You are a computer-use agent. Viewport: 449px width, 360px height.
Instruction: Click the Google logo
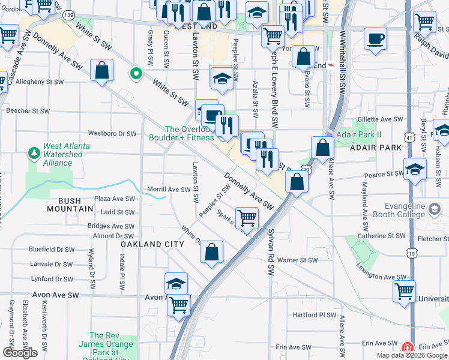[x=20, y=353]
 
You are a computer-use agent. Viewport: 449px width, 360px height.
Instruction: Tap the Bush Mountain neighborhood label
[x=71, y=209]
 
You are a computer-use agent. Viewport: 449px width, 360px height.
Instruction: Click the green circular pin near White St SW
[x=136, y=74]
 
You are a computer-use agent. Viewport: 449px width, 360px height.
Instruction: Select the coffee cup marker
[x=376, y=39]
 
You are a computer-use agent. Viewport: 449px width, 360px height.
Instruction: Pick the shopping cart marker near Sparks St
[x=247, y=218]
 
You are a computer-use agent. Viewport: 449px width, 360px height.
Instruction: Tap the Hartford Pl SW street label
[x=314, y=314]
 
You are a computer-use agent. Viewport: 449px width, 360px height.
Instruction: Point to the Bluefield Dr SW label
[x=53, y=249]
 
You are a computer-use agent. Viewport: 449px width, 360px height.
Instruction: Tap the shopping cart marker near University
[x=404, y=292]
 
